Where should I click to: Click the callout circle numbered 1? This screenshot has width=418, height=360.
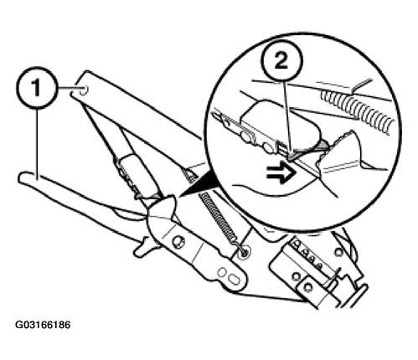coord(37,88)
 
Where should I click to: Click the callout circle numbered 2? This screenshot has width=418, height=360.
coord(281,62)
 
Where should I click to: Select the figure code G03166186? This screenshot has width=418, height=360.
coord(43,325)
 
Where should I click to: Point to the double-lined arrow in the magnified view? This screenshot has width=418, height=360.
coord(281,175)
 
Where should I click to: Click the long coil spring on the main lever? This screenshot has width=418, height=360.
coord(219,219)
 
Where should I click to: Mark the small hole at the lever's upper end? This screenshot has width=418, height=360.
coord(84,90)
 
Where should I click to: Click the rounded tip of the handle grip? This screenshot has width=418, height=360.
coord(22,178)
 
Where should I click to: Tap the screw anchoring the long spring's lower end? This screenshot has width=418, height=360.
coord(245,252)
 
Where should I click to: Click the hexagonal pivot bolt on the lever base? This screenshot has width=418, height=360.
coord(178,240)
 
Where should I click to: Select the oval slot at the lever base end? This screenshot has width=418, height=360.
coord(234,280)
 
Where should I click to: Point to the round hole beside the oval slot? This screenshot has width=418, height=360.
coord(222,272)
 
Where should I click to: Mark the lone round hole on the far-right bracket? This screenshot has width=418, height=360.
coord(338,253)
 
